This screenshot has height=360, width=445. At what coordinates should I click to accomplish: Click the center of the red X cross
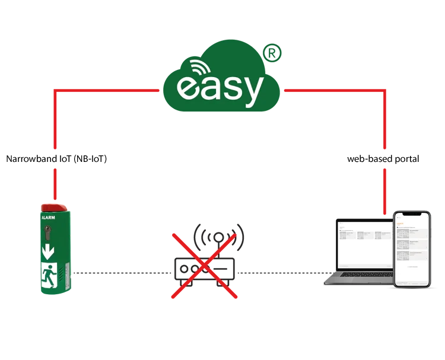(x=205, y=262)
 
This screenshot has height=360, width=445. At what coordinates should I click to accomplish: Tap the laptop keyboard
(x=356, y=278)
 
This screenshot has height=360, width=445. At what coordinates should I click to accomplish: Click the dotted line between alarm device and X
(x=119, y=273)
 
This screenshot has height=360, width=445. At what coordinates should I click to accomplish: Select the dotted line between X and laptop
(x=279, y=273)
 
